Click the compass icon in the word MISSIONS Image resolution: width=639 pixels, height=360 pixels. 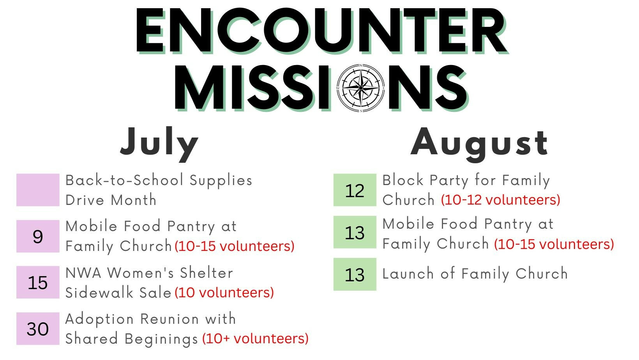[x=360, y=88]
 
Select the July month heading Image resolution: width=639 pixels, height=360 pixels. [x=159, y=144]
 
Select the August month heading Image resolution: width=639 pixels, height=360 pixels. [x=479, y=144]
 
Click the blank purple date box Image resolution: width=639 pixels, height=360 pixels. [x=38, y=190]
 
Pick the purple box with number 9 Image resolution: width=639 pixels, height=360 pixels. [x=38, y=236]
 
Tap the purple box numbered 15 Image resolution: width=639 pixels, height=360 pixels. [x=38, y=282]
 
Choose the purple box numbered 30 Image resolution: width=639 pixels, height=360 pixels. [x=38, y=328]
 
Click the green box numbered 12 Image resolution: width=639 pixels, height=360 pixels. [x=355, y=190]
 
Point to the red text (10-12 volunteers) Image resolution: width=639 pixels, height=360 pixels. [x=501, y=200]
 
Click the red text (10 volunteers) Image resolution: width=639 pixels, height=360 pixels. [x=224, y=292]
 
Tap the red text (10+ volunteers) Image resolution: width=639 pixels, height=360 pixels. [x=255, y=339]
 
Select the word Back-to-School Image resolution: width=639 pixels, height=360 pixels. [x=124, y=180]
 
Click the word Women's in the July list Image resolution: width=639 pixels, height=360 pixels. [x=140, y=273]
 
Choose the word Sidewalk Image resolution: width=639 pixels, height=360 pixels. [x=99, y=292]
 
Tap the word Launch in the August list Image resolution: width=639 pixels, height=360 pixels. [x=408, y=274]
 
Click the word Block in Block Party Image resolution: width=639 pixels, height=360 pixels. [x=403, y=180]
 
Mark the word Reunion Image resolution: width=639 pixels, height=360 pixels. [x=170, y=319]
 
